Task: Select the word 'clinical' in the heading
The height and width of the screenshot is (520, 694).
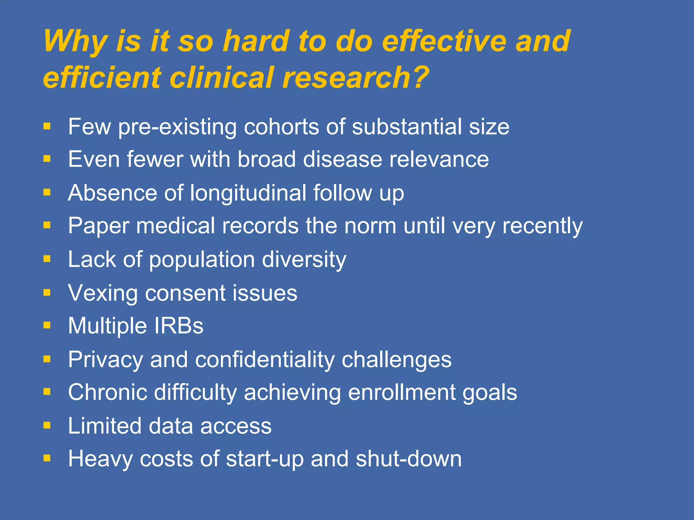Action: click(221, 77)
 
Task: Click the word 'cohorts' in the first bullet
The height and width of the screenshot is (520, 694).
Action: click(281, 127)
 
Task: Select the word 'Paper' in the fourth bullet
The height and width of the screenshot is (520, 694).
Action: click(99, 226)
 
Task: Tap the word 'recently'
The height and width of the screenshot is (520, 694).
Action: click(542, 226)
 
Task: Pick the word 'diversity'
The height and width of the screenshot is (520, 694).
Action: click(304, 260)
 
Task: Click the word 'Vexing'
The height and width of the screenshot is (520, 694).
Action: click(103, 293)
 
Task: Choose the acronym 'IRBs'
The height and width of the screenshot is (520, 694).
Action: click(179, 326)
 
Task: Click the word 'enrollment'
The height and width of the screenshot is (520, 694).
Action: click(402, 392)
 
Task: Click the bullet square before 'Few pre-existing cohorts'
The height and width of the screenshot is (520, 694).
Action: click(47, 127)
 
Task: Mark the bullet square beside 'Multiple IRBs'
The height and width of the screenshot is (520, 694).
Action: click(47, 326)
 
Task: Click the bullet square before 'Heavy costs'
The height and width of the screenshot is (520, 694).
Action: click(47, 459)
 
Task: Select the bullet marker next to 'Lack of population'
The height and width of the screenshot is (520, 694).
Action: click(47, 259)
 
